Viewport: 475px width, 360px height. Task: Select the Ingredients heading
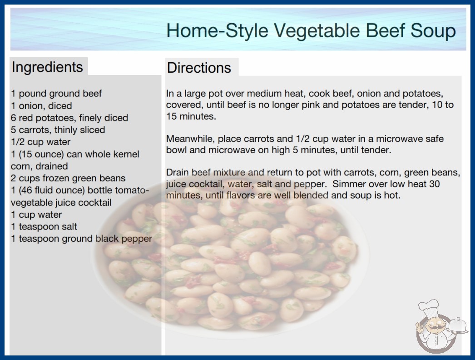tap(47, 67)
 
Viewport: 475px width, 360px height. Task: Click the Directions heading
tap(199, 68)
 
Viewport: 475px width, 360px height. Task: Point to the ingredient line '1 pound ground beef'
tap(56, 94)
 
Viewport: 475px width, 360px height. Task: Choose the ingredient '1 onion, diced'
tap(41, 106)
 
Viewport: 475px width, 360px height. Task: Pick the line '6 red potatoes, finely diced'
tap(69, 118)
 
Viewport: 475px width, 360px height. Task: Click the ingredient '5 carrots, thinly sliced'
tap(58, 130)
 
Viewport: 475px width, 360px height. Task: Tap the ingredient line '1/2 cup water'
tap(40, 142)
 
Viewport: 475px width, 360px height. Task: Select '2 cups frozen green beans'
tap(68, 178)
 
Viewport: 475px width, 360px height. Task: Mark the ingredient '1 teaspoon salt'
tap(44, 226)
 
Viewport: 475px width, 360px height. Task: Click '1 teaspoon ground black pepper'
tap(81, 239)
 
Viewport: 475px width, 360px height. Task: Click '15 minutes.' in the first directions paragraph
tap(191, 116)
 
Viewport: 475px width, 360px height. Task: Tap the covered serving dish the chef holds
tap(458, 325)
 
